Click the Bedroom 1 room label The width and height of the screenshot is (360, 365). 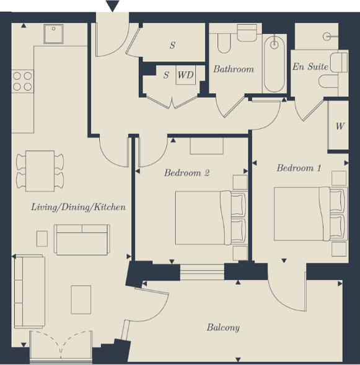[299, 168]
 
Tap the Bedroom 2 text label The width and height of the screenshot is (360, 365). [187, 173]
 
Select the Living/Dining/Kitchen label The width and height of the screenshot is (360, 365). [79, 207]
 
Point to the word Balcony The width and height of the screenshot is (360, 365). [223, 327]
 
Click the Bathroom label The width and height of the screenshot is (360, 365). [234, 69]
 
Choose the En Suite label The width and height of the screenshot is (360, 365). [310, 67]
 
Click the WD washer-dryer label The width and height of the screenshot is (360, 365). [185, 76]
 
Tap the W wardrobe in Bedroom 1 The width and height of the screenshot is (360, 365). [340, 126]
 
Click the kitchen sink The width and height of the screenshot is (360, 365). [53, 34]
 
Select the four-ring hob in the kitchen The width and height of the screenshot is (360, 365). [23, 82]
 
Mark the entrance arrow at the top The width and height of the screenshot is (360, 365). [112, 6]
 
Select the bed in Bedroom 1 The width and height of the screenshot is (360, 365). [309, 214]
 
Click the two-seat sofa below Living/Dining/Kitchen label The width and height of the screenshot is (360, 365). [81, 239]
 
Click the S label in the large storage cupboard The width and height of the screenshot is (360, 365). [172, 45]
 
